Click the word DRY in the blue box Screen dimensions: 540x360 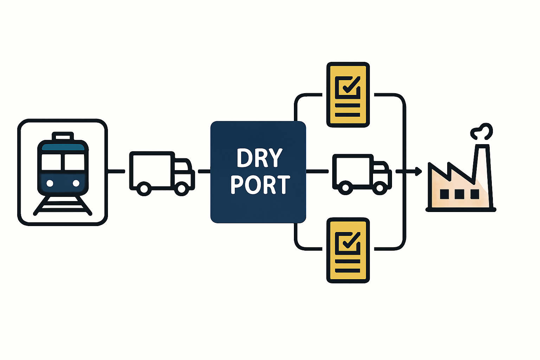click(x=259, y=158)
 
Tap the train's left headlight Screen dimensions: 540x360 click(x=50, y=183)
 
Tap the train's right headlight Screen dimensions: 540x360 click(x=76, y=183)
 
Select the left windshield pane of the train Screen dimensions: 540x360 click(x=51, y=162)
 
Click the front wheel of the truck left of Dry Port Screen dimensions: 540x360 click(x=181, y=189)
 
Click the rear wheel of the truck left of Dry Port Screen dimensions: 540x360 click(x=144, y=189)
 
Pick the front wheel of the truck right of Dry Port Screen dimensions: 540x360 click(x=380, y=188)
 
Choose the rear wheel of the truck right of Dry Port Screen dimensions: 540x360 click(x=346, y=188)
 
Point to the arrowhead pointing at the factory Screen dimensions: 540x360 click(x=418, y=172)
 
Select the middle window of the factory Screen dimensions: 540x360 click(x=459, y=194)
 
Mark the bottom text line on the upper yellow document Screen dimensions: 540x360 click(x=348, y=115)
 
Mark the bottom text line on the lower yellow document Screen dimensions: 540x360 click(x=348, y=271)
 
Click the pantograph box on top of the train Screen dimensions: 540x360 click(x=63, y=136)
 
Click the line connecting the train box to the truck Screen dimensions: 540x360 click(x=116, y=172)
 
